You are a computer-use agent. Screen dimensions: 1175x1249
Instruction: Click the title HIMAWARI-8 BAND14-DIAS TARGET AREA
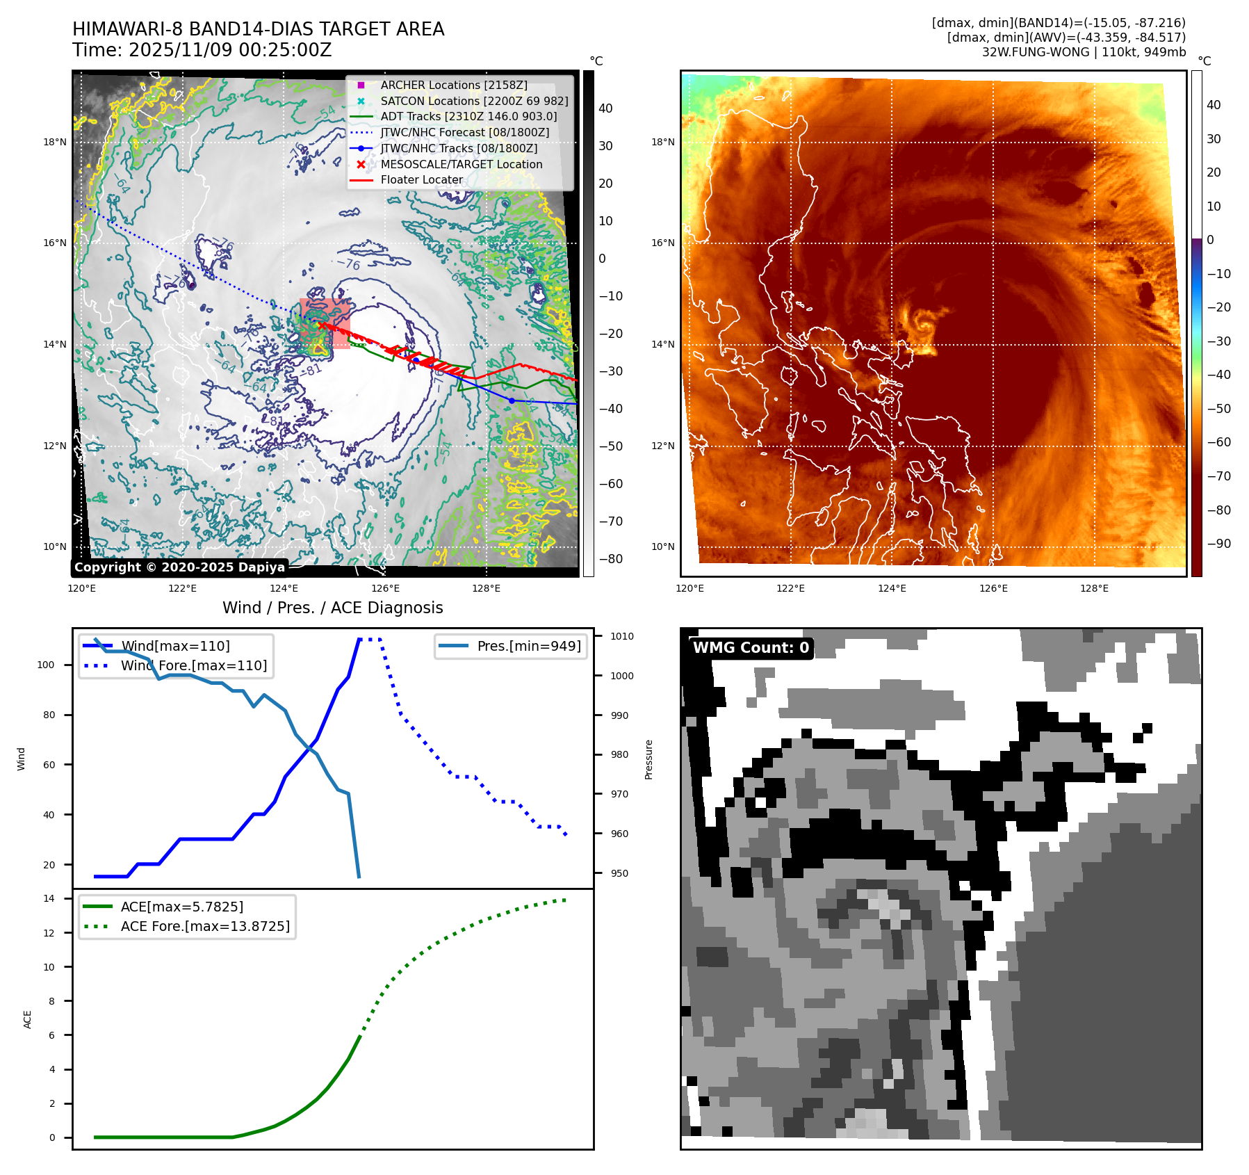[x=258, y=29]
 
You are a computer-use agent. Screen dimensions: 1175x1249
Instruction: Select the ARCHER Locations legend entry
[x=453, y=85]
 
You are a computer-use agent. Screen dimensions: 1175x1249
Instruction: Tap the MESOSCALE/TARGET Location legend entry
[x=461, y=164]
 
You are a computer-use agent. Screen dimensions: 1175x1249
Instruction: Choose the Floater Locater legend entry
[x=421, y=179]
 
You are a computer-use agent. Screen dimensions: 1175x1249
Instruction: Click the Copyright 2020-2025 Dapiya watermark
[x=179, y=567]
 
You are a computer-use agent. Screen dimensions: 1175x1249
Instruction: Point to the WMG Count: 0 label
[x=751, y=647]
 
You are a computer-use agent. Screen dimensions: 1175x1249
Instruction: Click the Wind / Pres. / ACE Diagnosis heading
[x=332, y=608]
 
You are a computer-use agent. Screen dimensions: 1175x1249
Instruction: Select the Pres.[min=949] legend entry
[x=528, y=646]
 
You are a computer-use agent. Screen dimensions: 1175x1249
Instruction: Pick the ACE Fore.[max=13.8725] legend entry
[x=205, y=926]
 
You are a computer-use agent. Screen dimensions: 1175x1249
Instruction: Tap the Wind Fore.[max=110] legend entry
[x=193, y=665]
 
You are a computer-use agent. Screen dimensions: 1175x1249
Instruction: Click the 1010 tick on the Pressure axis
[x=622, y=636]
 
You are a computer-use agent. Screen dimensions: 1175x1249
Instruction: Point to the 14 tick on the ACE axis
[x=49, y=898]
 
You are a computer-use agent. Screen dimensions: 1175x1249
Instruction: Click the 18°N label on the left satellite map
[x=55, y=143]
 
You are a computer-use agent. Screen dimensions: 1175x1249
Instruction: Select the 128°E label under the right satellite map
[x=1094, y=588]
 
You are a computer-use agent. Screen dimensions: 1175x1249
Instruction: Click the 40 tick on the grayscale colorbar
[x=605, y=108]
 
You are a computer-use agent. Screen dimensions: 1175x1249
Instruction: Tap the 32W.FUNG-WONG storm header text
[x=1084, y=52]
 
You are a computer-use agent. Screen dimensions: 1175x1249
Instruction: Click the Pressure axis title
[x=648, y=759]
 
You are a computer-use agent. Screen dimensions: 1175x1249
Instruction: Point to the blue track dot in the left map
[x=512, y=400]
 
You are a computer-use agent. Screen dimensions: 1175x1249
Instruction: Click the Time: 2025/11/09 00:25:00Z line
[x=202, y=50]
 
